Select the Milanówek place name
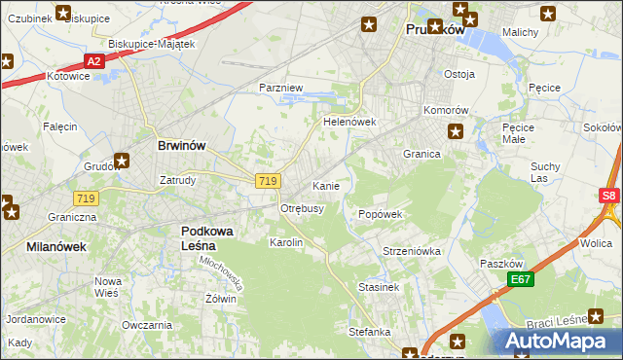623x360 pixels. pos(56,247)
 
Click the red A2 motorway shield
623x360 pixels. pos(92,61)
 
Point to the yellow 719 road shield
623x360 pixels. pos(269,181)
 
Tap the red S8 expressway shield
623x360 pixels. pos(608,196)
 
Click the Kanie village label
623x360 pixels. pos(324,185)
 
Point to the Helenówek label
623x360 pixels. pos(349,123)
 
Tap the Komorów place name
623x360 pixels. pos(447,110)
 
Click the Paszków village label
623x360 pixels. pos(502,264)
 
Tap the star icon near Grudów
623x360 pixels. pos(122,162)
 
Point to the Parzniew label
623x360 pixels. pos(281,88)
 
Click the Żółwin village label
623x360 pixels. pos(220,299)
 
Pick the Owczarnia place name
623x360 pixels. pos(147,324)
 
